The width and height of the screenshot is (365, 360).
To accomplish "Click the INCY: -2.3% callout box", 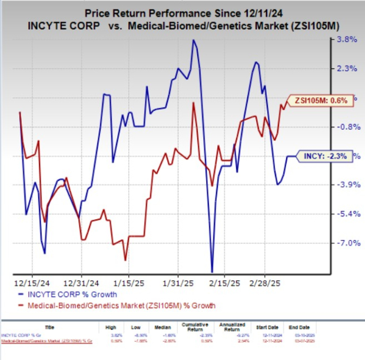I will coord(324,156).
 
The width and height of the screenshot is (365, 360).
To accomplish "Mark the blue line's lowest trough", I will coord(212,272).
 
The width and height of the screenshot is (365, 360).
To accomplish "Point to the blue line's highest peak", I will coord(193,40).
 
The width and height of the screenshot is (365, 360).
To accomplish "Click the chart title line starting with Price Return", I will coord(184,11).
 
